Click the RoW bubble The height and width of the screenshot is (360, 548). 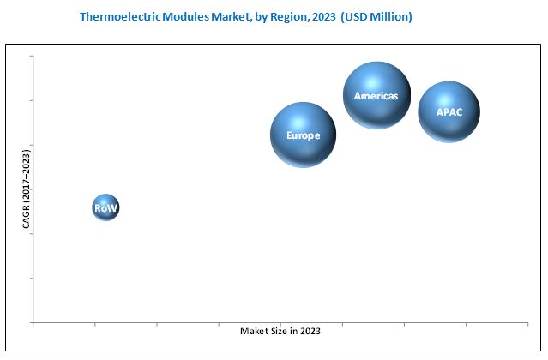point(105,207)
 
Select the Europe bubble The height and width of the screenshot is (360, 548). point(304,135)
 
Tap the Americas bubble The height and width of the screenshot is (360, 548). point(376,95)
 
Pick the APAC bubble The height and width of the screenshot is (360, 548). point(449,111)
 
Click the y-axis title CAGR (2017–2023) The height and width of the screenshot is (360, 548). point(26,189)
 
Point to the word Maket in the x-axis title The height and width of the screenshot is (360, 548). point(253,332)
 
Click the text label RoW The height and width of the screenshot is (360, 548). point(105,208)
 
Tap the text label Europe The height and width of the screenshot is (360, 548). point(304,135)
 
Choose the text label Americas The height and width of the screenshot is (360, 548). point(376,96)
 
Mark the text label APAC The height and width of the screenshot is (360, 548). point(449,112)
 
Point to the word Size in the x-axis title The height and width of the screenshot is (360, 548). point(278,332)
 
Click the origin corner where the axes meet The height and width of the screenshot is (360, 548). point(33,323)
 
